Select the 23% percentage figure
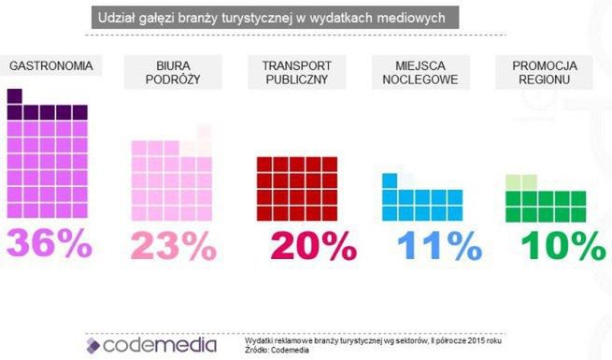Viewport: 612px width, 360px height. [x=173, y=245]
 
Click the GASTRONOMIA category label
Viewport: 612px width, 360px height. [x=50, y=66]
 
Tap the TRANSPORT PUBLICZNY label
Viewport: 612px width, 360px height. [x=296, y=74]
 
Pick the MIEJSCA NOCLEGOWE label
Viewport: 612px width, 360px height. [x=420, y=74]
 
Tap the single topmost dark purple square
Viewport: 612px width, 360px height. [x=14, y=95]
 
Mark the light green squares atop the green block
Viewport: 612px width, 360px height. [x=521, y=181]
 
